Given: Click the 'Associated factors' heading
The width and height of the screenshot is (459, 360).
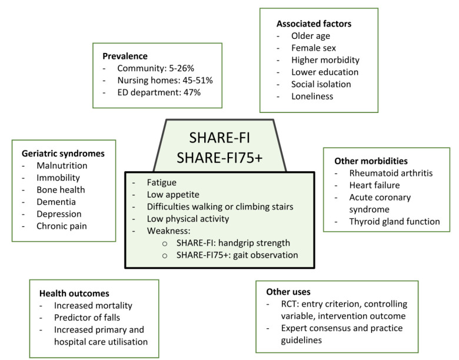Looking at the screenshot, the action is (x=314, y=24).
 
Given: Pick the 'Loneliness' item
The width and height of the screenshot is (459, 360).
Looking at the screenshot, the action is (x=312, y=96).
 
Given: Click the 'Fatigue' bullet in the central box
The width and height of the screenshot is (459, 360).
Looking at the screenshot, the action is (x=162, y=183).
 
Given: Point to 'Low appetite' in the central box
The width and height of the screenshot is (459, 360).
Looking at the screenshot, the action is (x=174, y=195).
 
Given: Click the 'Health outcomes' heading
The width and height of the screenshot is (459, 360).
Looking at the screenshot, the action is (x=74, y=294).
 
